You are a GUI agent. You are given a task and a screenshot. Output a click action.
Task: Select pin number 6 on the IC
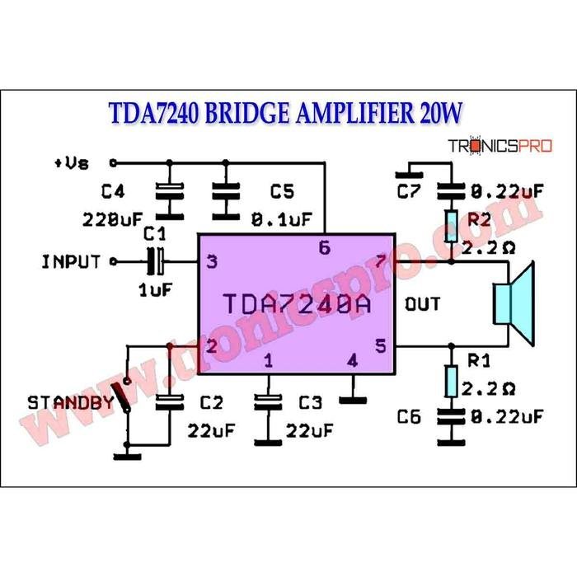(x=324, y=248)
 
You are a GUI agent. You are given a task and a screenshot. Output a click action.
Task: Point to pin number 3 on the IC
(x=212, y=263)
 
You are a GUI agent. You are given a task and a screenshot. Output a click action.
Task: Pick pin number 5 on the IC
(x=380, y=346)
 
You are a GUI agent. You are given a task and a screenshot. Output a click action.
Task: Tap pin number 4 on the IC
(x=352, y=360)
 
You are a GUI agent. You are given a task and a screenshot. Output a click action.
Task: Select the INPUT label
(x=71, y=263)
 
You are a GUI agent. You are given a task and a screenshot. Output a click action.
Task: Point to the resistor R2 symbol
(x=451, y=225)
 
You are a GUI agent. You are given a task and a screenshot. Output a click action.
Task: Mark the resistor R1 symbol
(x=451, y=382)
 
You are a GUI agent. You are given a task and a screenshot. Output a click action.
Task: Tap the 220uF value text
(x=113, y=220)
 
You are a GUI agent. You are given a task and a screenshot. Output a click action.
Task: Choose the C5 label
(x=282, y=192)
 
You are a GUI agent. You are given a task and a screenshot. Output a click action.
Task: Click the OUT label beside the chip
(x=422, y=304)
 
